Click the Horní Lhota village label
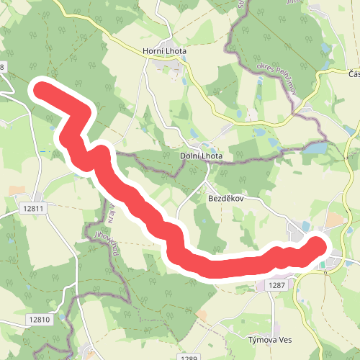(x=165, y=51)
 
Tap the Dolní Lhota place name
(x=201, y=156)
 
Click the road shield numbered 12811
(x=33, y=209)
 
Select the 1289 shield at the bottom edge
(x=189, y=357)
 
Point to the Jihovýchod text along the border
(x=105, y=246)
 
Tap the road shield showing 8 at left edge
(x=2, y=67)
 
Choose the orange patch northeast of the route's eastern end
(x=334, y=217)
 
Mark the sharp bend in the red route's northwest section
(x=85, y=112)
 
